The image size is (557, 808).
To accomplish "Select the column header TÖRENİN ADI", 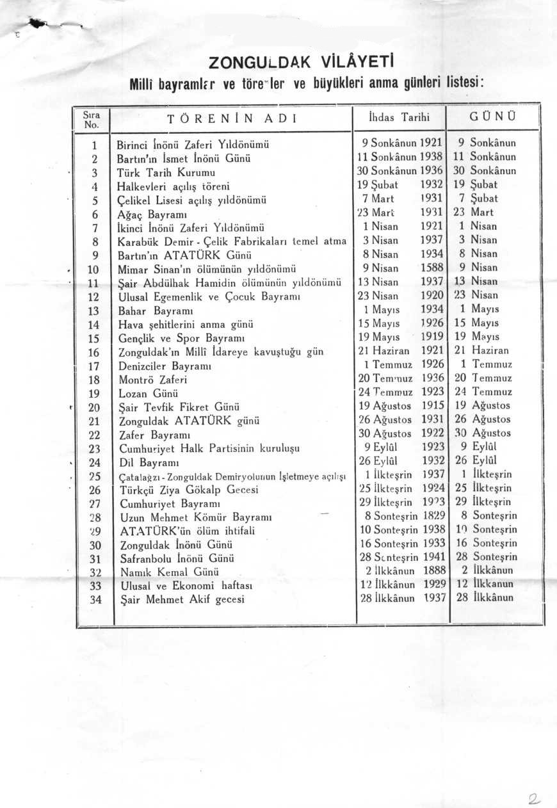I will tap(234, 118).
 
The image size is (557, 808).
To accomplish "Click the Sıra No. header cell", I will tap(93, 118).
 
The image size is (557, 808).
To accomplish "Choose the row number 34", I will tap(95, 600).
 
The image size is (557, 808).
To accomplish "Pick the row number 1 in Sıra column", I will tap(95, 143).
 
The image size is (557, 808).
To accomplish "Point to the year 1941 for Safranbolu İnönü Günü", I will tap(433, 558).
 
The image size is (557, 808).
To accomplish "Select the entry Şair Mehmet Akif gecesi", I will tap(182, 600).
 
